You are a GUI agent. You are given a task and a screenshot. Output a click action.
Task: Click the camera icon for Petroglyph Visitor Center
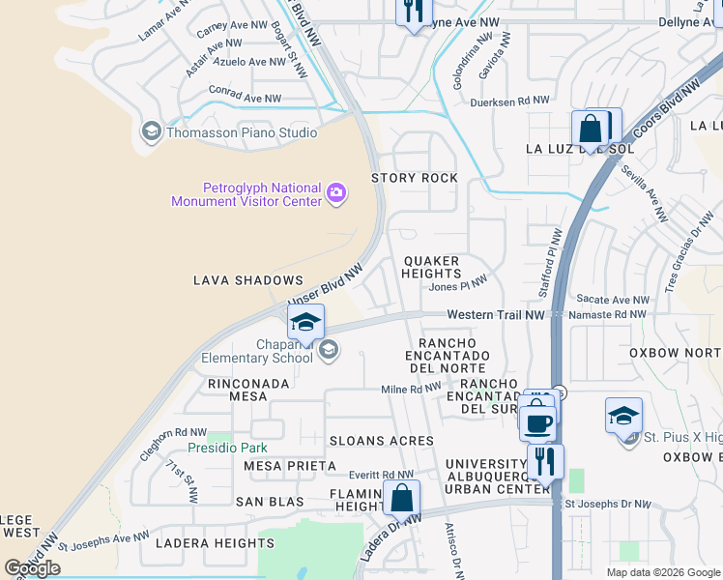336,193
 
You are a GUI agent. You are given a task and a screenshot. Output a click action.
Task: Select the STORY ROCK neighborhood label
415,178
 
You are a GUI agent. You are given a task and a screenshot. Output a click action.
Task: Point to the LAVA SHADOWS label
248,280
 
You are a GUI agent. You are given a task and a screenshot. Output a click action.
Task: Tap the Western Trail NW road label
496,314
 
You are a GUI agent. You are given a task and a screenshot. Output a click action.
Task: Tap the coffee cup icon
537,422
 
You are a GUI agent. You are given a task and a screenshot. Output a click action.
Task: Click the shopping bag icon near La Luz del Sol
590,128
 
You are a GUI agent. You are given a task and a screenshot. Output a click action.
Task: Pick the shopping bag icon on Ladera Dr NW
402,499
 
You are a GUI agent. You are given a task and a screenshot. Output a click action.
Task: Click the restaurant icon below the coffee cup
545,461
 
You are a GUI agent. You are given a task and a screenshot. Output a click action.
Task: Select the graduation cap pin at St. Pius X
623,416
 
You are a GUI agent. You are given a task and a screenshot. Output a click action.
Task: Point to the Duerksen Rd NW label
509,101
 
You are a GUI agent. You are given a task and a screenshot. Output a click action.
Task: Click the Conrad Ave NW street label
246,99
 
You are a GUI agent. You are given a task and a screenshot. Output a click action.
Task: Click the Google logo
33,568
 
